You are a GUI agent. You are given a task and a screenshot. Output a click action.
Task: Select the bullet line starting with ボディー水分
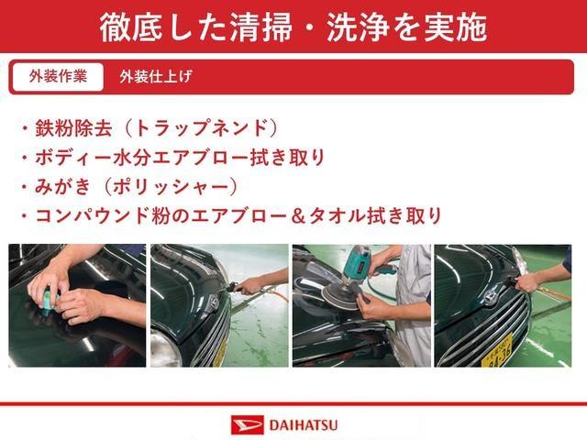tap(174, 158)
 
